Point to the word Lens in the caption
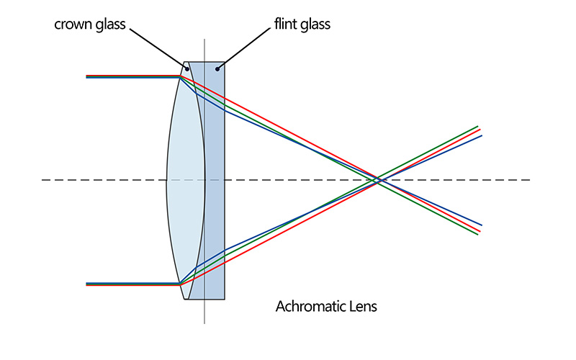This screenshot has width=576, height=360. pyautogui.click(x=363, y=307)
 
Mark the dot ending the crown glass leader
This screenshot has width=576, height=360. pyautogui.click(x=187, y=68)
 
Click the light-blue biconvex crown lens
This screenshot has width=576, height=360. pyautogui.click(x=186, y=180)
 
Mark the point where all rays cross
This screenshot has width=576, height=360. pyautogui.click(x=378, y=180)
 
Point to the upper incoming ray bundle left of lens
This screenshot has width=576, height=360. pyautogui.click(x=130, y=76)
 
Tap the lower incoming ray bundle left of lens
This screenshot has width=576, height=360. pyautogui.click(x=130, y=284)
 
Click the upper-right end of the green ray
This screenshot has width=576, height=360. pyautogui.click(x=477, y=126)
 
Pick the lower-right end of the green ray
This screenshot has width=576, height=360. pyautogui.click(x=477, y=235)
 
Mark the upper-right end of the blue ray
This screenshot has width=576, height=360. pyautogui.click(x=481, y=135)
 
